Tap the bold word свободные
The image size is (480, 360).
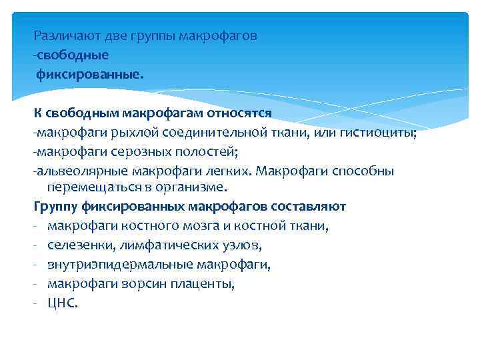(x=73, y=55)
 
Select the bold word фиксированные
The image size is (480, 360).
(x=89, y=74)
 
